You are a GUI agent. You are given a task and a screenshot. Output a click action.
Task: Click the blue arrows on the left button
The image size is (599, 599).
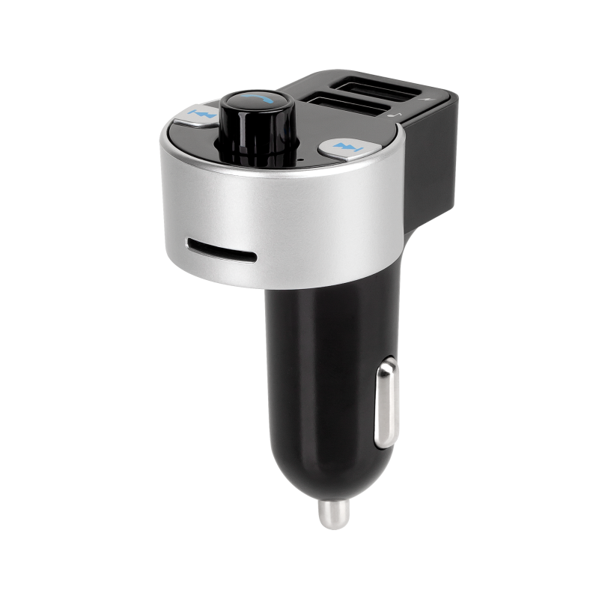pos(202,114)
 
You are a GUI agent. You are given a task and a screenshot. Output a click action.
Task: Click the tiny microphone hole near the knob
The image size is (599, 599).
pos(297,159)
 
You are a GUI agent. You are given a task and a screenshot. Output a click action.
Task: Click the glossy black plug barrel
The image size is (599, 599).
pos(314,352)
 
